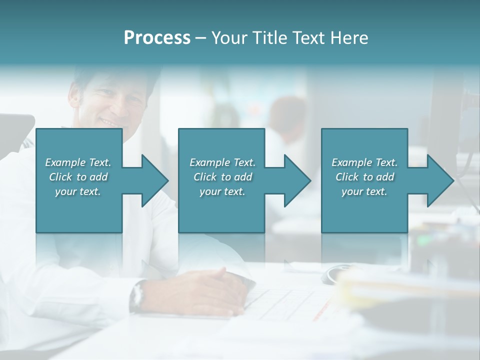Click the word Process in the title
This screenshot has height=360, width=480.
[157, 38]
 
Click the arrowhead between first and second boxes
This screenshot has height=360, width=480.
[155, 180]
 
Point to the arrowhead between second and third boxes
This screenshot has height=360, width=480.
[297, 180]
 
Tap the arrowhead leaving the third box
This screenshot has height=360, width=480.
[440, 180]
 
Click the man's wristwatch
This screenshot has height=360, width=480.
[137, 296]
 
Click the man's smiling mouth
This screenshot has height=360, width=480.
[108, 121]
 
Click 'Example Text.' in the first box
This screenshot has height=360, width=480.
[78, 162]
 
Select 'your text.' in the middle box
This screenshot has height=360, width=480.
[222, 191]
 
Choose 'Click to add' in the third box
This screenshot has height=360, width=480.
[364, 177]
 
